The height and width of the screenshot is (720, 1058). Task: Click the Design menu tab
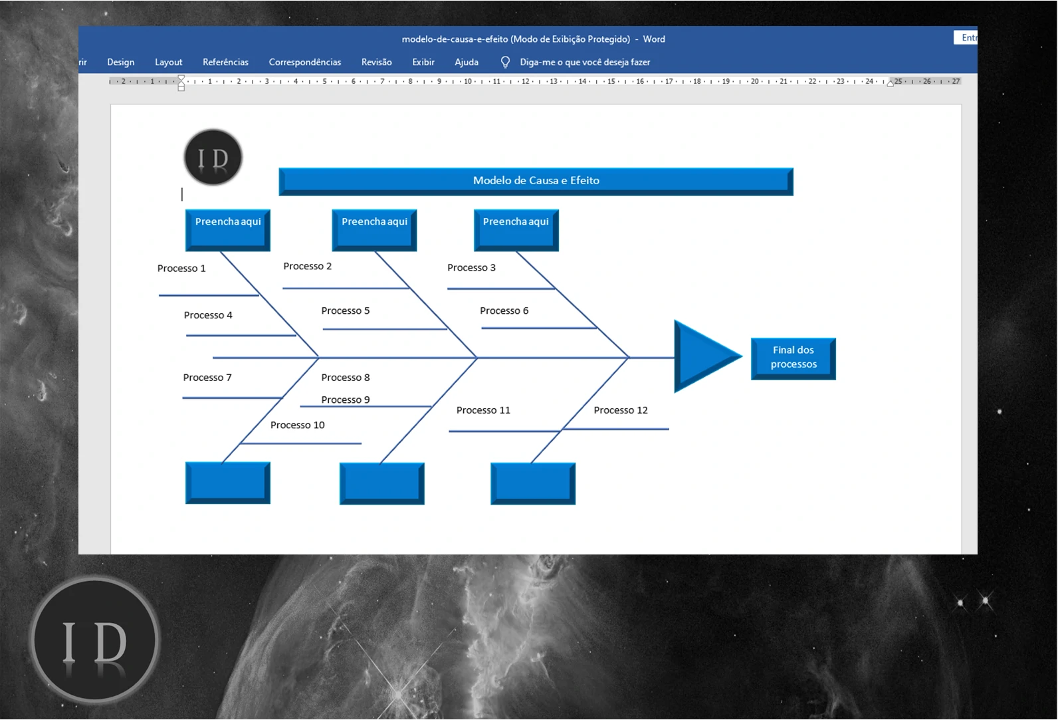120,62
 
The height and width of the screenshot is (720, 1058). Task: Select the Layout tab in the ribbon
168,62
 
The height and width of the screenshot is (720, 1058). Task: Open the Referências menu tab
225,62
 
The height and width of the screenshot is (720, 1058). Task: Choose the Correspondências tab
304,62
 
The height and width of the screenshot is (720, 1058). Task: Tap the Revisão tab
376,62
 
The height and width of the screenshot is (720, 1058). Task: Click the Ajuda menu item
466,62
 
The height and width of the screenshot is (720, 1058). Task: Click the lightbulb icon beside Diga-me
505,62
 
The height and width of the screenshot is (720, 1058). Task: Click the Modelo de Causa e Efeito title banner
536,181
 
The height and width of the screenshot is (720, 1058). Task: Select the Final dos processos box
793,358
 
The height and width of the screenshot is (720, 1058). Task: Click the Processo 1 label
181,269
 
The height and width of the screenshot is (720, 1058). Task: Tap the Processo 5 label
345,310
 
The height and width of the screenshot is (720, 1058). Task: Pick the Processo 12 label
620,410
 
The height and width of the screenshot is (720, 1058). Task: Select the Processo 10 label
297,425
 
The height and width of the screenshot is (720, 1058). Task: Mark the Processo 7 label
207,378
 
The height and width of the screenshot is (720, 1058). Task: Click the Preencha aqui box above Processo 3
516,229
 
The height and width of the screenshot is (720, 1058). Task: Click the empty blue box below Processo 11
532,483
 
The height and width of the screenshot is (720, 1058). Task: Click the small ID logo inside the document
213,158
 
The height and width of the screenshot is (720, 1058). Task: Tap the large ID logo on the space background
94,640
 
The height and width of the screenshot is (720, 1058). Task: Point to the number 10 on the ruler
468,81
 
